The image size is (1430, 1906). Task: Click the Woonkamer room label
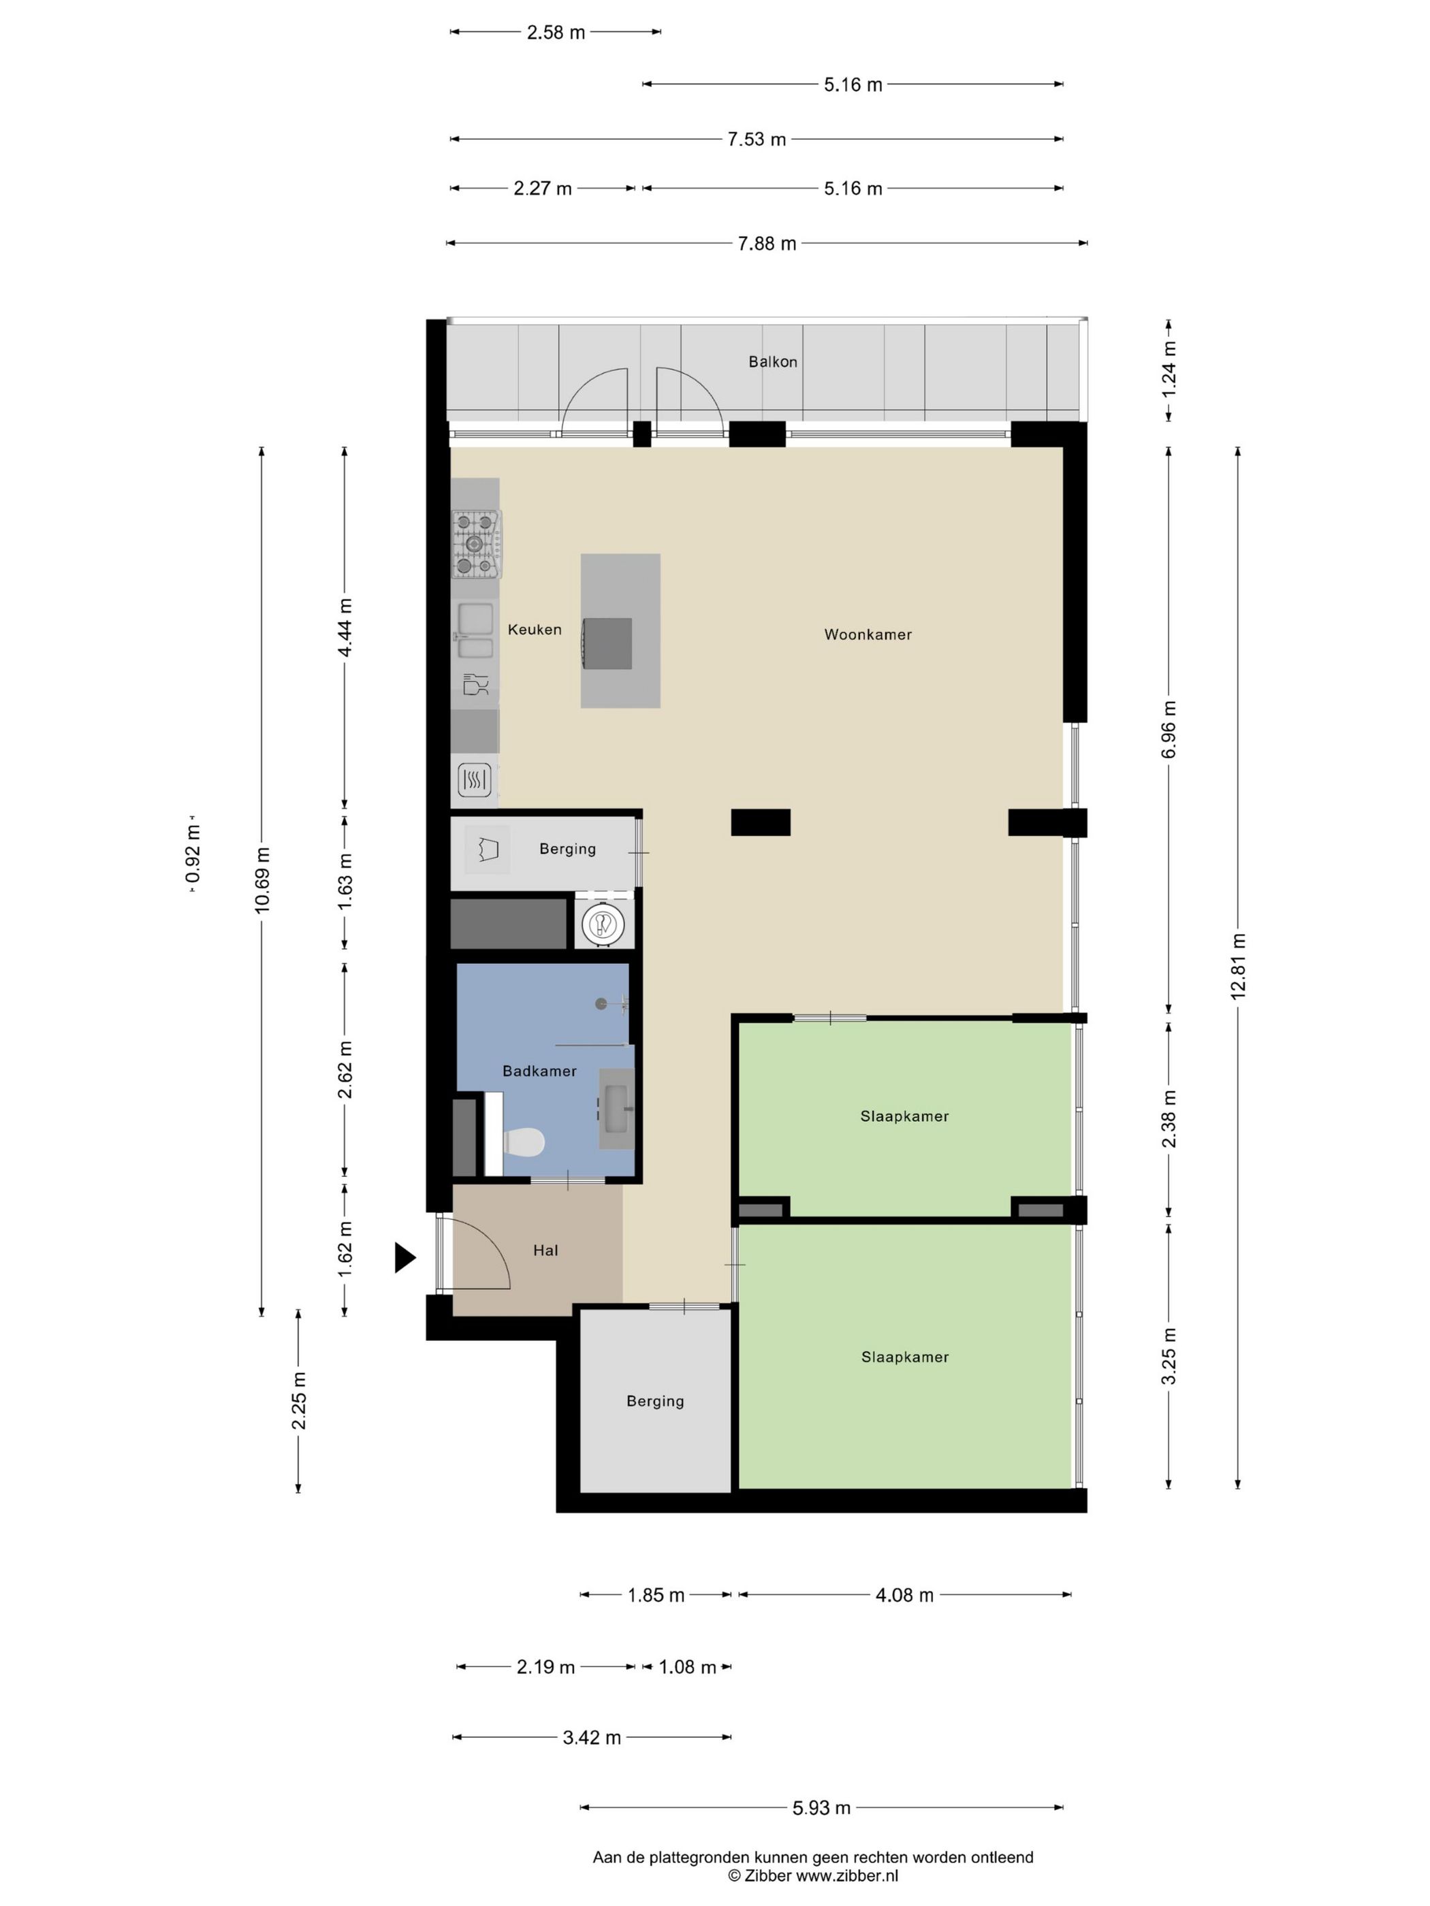(x=867, y=634)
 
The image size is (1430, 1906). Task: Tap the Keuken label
(x=535, y=629)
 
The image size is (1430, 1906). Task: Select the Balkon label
(x=772, y=362)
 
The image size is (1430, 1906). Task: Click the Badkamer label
(x=539, y=1071)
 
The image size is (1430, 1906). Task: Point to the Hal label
(x=545, y=1250)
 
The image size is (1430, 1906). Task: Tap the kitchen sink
(x=475, y=631)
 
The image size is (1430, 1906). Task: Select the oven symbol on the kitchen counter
(x=475, y=781)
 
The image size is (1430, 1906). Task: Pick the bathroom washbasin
(x=617, y=1109)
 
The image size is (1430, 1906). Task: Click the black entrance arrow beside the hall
(x=405, y=1257)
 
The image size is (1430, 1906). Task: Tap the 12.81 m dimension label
(x=1238, y=967)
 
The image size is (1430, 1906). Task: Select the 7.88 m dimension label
(x=766, y=244)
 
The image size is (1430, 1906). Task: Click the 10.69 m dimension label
(x=262, y=879)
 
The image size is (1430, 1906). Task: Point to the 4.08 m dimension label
(x=904, y=1595)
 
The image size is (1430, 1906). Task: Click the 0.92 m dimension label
(x=193, y=853)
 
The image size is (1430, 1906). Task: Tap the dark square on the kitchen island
(x=607, y=644)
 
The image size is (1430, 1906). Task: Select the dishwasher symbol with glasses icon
(x=475, y=684)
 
